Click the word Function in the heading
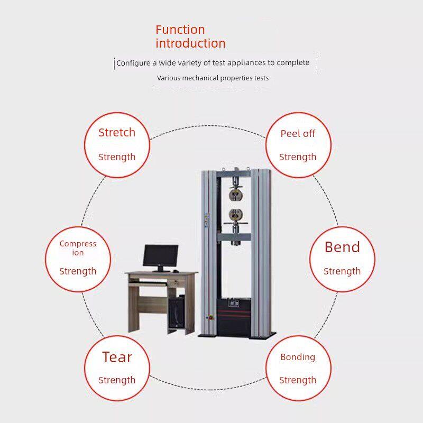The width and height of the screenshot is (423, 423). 180,30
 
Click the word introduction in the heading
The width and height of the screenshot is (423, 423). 190,43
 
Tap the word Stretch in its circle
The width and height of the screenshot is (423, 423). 117,133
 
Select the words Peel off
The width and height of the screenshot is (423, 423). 298,133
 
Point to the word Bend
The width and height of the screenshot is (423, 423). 342,247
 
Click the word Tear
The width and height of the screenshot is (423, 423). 117,357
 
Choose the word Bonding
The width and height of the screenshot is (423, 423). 298,357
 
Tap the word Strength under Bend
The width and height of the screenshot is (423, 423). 342,271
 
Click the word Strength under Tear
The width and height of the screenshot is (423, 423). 117,380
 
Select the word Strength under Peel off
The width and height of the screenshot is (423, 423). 298,157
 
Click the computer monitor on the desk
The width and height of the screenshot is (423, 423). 161,256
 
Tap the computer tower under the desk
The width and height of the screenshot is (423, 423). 177,311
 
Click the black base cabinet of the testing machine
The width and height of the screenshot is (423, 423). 234,317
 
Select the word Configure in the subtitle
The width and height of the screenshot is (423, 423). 133,63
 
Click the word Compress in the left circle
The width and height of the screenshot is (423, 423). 78,244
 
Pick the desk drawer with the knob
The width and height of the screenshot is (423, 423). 176,283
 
